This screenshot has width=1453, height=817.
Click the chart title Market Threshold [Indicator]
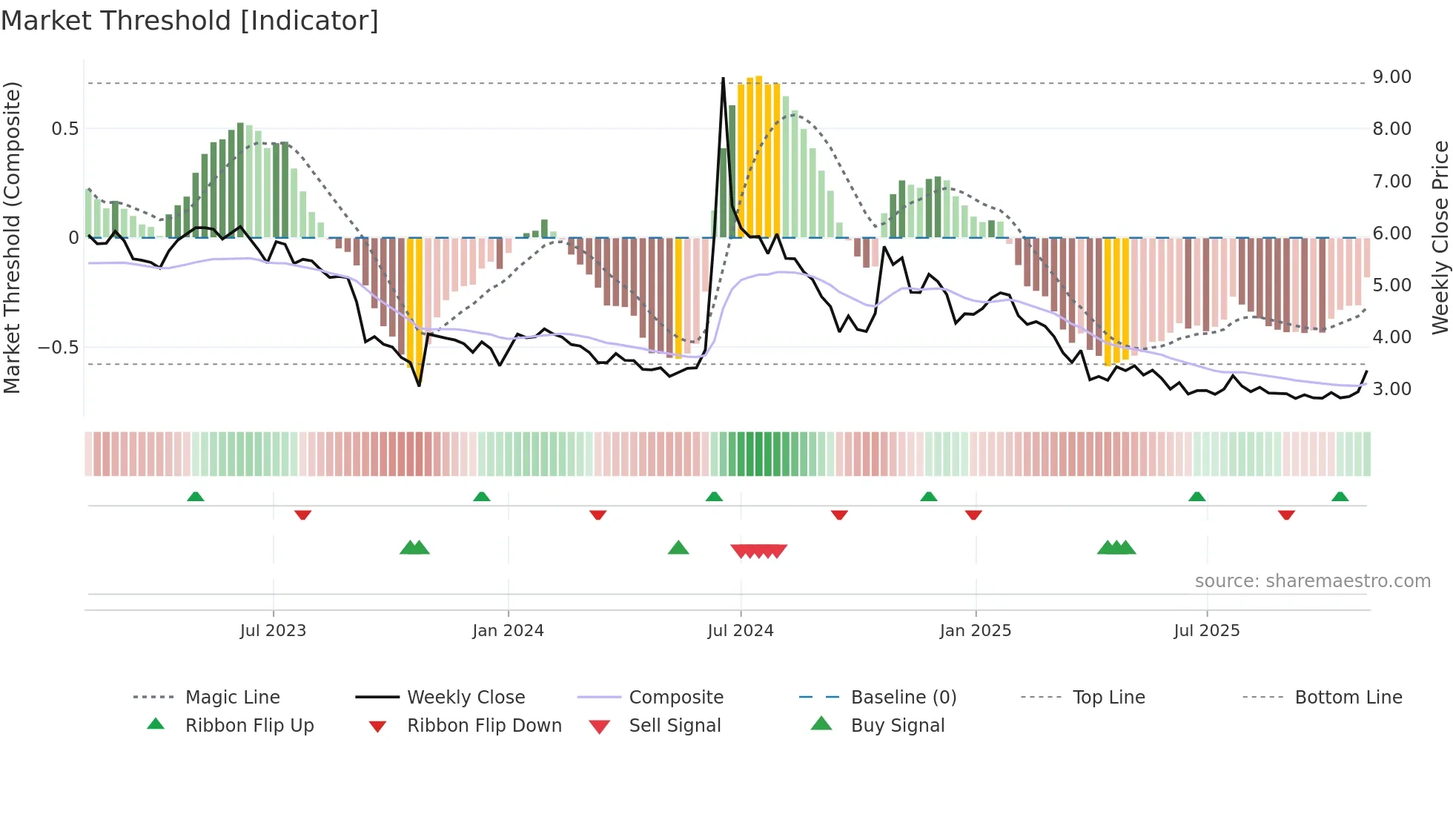(x=190, y=21)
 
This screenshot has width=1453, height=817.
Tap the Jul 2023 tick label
(x=273, y=631)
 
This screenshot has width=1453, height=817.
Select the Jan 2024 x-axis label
(x=508, y=631)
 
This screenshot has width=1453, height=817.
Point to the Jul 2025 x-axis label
(x=1206, y=631)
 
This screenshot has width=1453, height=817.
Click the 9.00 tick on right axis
(x=1391, y=77)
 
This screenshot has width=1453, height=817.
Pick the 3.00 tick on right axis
(x=1391, y=389)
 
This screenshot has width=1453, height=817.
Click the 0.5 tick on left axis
(x=64, y=129)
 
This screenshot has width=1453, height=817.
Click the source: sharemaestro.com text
(x=1312, y=581)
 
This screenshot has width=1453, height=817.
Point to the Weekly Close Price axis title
(x=1440, y=237)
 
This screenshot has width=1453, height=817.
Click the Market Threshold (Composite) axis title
(x=13, y=237)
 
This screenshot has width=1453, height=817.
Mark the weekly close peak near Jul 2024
(x=723, y=79)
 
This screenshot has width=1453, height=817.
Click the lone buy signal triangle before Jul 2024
(x=678, y=548)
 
